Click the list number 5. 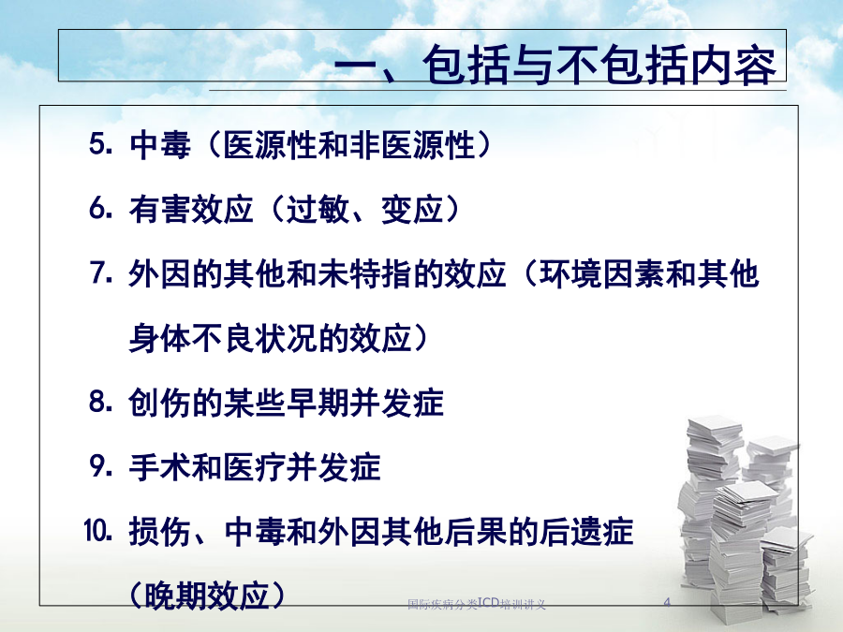click(x=101, y=144)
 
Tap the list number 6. click(x=101, y=209)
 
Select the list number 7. click(x=101, y=273)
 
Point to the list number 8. click(x=101, y=402)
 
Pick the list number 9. click(x=101, y=466)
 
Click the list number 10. click(x=98, y=531)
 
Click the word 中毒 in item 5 click(x=160, y=145)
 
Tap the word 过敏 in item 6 click(x=317, y=209)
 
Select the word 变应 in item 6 click(x=412, y=209)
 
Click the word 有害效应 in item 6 click(x=191, y=209)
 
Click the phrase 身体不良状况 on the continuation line click(x=223, y=338)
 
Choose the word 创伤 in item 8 click(x=159, y=403)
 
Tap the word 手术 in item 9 click(x=159, y=467)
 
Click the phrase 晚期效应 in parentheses click(x=208, y=595)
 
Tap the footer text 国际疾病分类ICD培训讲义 click(x=477, y=604)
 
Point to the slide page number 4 click(x=667, y=602)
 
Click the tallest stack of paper click(x=709, y=506)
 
